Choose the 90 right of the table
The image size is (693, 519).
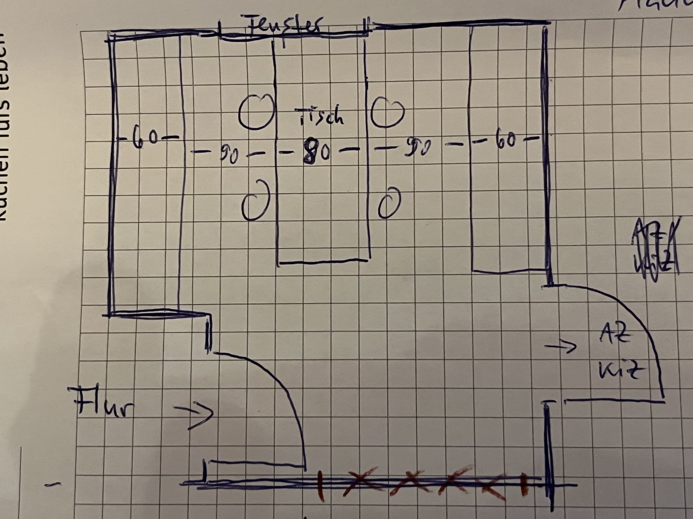point(418,148)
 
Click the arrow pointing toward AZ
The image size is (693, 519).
point(561,346)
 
